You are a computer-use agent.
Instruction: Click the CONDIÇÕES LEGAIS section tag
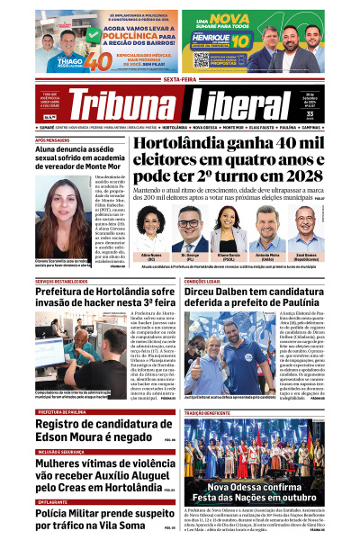208,281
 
